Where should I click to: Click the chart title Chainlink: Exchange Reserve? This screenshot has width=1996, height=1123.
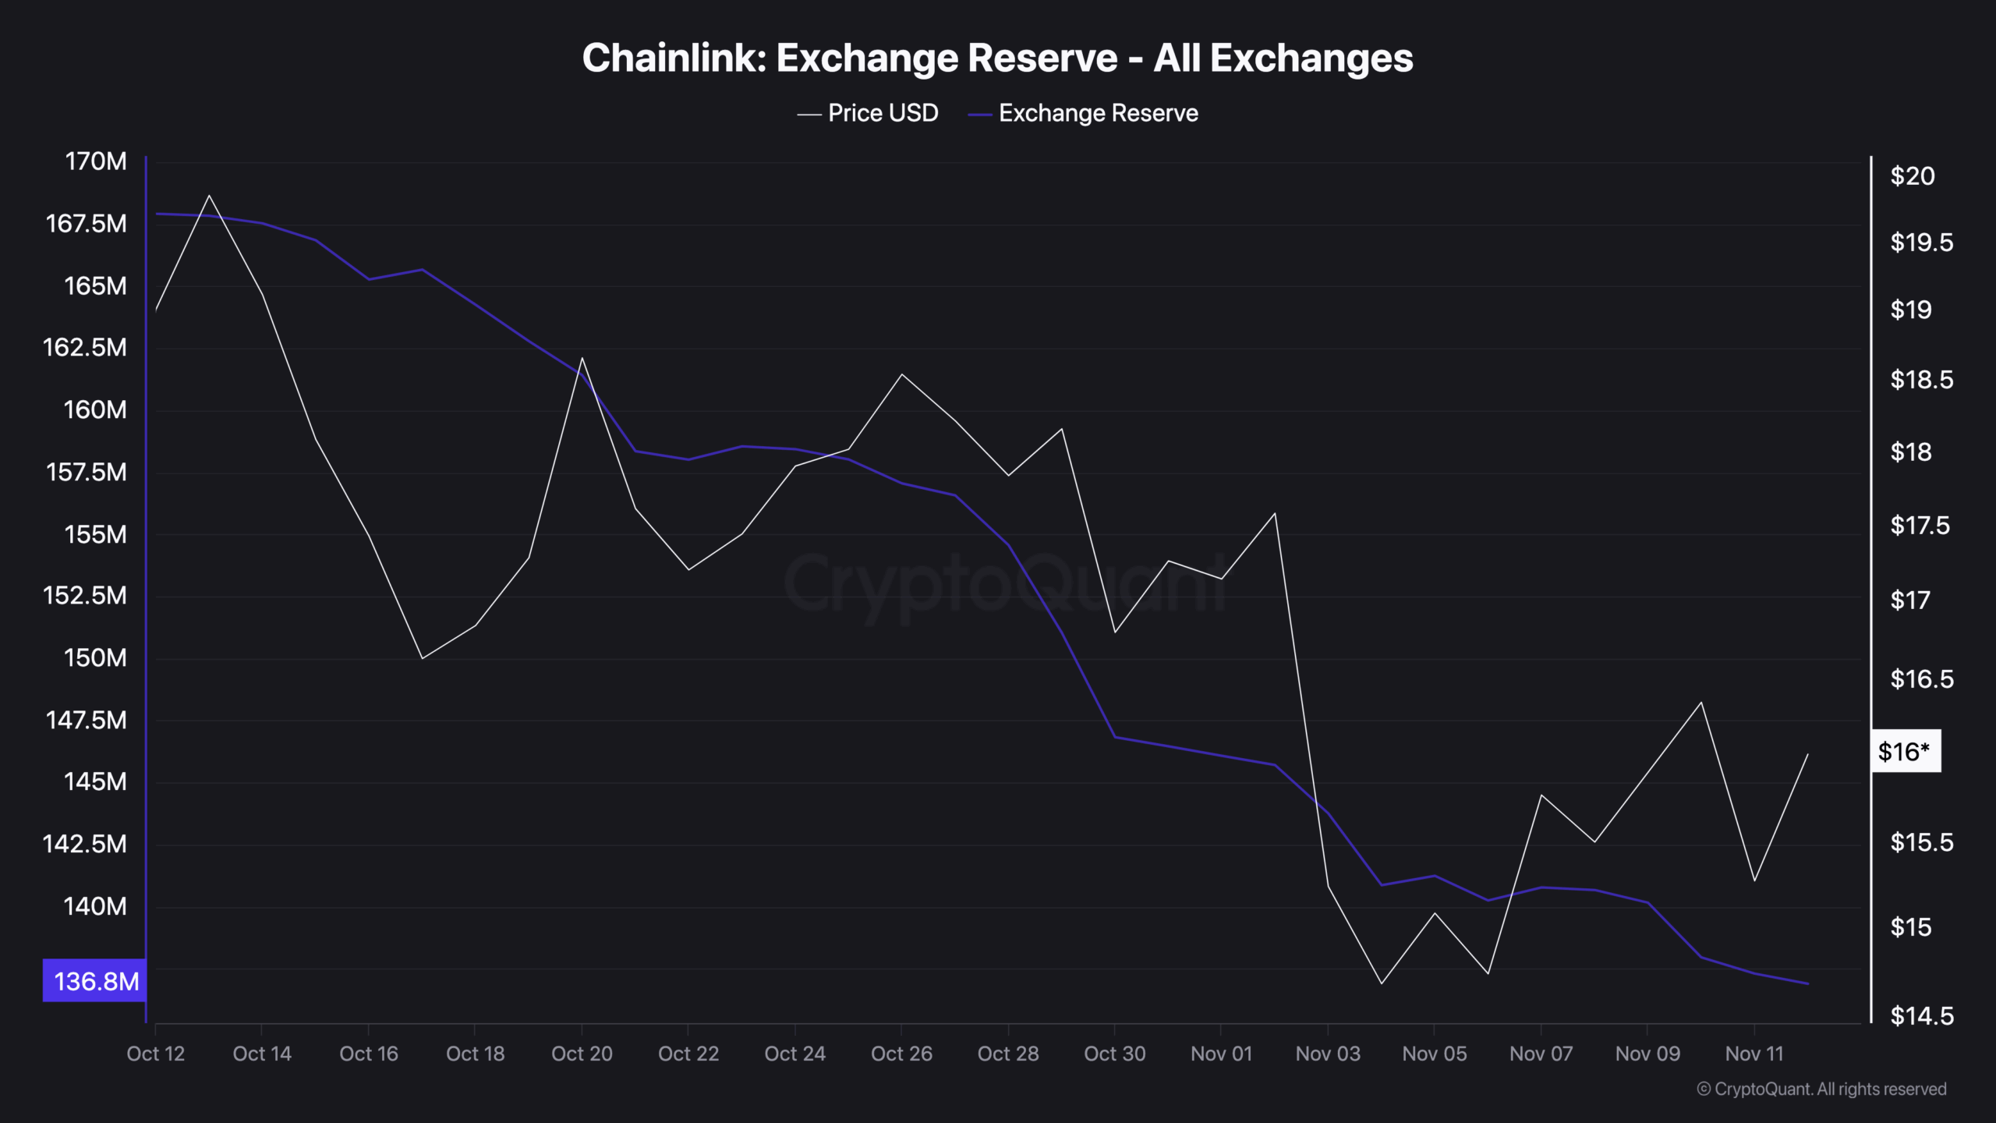pyautogui.click(x=997, y=58)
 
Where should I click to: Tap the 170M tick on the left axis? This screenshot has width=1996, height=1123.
pyautogui.click(x=95, y=161)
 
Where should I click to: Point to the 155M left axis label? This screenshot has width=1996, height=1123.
pyautogui.click(x=95, y=534)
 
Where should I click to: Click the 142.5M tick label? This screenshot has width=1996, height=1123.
pyautogui.click(x=84, y=844)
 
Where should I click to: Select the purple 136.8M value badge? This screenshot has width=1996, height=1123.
pyautogui.click(x=95, y=980)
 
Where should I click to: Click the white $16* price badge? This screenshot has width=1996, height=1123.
pyautogui.click(x=1905, y=751)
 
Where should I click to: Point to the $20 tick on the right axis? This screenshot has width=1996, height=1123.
pyautogui.click(x=1912, y=176)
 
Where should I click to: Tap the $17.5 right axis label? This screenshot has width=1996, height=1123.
pyautogui.click(x=1921, y=526)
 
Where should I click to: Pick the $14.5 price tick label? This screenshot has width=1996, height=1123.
pyautogui.click(x=1921, y=1015)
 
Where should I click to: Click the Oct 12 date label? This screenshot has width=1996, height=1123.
pyautogui.click(x=155, y=1054)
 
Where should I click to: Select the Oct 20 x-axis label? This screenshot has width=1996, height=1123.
pyautogui.click(x=582, y=1054)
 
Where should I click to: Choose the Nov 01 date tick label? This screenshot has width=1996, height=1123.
pyautogui.click(x=1221, y=1054)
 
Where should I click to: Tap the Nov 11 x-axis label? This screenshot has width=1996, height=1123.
pyautogui.click(x=1754, y=1054)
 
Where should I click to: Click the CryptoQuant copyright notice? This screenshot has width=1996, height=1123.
pyautogui.click(x=1821, y=1089)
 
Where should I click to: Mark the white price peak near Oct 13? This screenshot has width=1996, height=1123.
pyautogui.click(x=209, y=196)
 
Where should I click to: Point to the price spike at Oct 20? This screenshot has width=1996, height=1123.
pyautogui.click(x=582, y=359)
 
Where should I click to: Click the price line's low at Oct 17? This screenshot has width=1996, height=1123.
pyautogui.click(x=422, y=658)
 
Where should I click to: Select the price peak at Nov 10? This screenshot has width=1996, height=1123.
pyautogui.click(x=1701, y=703)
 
